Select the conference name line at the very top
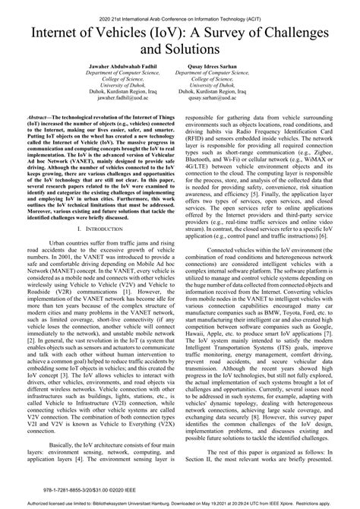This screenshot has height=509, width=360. pyautogui.click(x=180, y=14)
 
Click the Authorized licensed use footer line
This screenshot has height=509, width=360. pyautogui.click(x=180, y=504)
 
